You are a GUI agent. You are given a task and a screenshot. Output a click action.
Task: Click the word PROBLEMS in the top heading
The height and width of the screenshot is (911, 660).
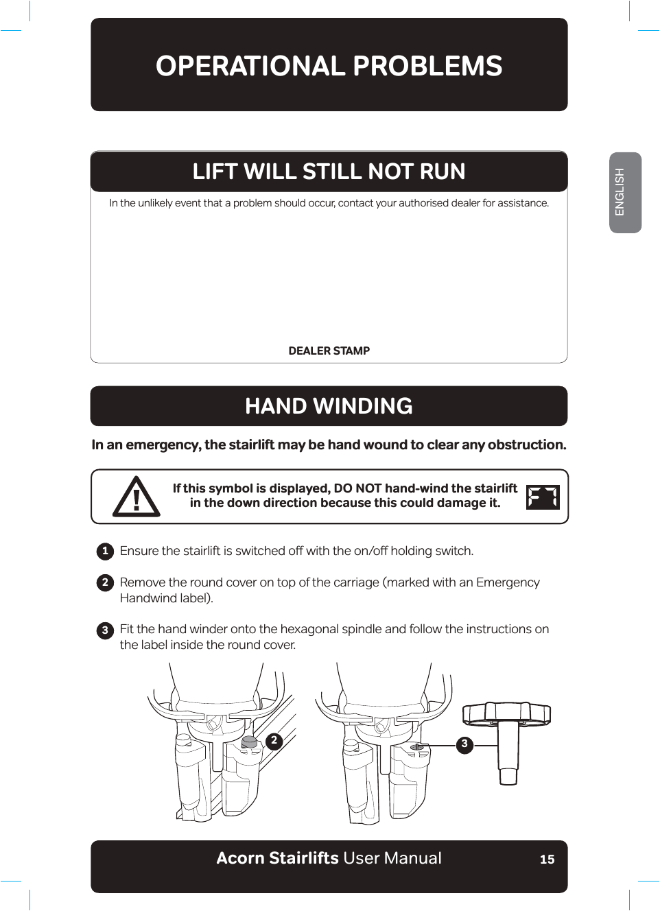coord(427,67)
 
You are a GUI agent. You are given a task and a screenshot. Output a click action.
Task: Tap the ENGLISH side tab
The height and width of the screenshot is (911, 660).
coord(624,193)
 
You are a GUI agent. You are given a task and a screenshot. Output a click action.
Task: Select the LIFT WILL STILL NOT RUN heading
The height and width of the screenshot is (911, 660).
coord(329,171)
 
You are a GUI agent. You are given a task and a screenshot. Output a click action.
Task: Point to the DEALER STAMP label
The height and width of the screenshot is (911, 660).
coord(329,351)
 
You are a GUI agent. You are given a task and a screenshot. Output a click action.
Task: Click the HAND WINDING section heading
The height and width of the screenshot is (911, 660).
coord(329,406)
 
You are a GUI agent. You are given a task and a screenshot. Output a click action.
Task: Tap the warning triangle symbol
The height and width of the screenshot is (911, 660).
coord(137,497)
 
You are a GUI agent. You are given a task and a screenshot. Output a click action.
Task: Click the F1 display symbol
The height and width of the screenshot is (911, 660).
coord(543,497)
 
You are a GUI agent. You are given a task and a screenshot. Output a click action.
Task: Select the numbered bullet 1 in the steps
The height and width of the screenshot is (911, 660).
coord(105,551)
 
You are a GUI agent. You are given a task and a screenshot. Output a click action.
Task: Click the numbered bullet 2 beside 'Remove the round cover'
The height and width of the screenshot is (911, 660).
coord(105,582)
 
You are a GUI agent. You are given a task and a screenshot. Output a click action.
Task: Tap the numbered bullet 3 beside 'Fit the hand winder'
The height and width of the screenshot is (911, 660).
coord(105,630)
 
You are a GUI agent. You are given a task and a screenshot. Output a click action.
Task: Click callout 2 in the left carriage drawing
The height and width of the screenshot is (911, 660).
coord(274,741)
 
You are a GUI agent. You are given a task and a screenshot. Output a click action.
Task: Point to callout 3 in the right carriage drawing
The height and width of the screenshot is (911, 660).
coord(464,744)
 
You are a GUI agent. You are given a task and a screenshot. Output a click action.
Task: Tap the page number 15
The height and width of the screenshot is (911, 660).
coord(547,860)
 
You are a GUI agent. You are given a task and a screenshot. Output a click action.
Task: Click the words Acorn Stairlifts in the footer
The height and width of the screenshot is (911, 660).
coord(277,859)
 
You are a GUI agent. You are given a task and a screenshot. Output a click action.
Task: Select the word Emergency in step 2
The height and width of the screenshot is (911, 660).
coord(508,582)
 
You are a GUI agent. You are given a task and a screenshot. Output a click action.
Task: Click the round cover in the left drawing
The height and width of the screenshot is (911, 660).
coord(250,742)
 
